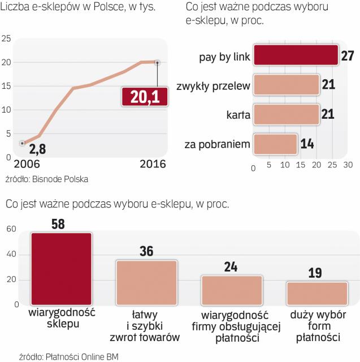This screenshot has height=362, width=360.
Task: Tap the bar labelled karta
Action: point(287,115)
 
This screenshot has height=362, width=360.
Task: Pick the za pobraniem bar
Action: point(275,144)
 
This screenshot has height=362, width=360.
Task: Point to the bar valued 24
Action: point(232,290)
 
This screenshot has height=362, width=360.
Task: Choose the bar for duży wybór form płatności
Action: point(316,293)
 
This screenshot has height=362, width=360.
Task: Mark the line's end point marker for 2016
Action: point(158,62)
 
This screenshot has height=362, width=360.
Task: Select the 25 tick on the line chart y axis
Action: point(7,38)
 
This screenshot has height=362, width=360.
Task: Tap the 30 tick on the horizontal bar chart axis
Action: point(348,167)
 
